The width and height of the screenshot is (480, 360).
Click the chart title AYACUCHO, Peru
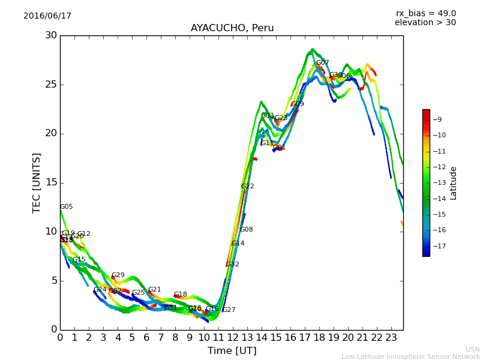(x=232, y=28)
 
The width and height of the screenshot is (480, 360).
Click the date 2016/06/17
(x=47, y=16)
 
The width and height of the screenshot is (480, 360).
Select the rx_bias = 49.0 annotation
(x=425, y=13)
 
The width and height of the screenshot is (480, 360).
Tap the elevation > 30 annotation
(x=425, y=23)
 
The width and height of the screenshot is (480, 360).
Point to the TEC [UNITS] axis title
(x=37, y=182)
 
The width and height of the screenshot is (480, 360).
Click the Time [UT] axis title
(x=232, y=350)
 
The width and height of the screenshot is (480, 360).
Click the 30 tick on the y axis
(x=50, y=35)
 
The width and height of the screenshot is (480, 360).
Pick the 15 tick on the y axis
(x=50, y=182)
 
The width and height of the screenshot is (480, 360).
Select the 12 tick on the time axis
(x=233, y=337)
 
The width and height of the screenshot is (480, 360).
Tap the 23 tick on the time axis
(x=391, y=337)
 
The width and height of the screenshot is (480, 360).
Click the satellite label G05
(x=66, y=207)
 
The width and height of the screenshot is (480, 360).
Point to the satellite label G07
(x=323, y=63)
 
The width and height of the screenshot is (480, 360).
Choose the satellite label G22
(x=248, y=187)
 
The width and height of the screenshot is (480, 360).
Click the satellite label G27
(x=229, y=310)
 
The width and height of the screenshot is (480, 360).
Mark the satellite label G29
(x=118, y=275)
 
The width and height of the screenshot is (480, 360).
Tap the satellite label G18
(x=181, y=295)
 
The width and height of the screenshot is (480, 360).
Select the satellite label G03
(x=268, y=116)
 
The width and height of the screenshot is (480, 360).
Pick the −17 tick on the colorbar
(x=439, y=246)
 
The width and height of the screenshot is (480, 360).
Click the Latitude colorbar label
(x=454, y=182)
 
